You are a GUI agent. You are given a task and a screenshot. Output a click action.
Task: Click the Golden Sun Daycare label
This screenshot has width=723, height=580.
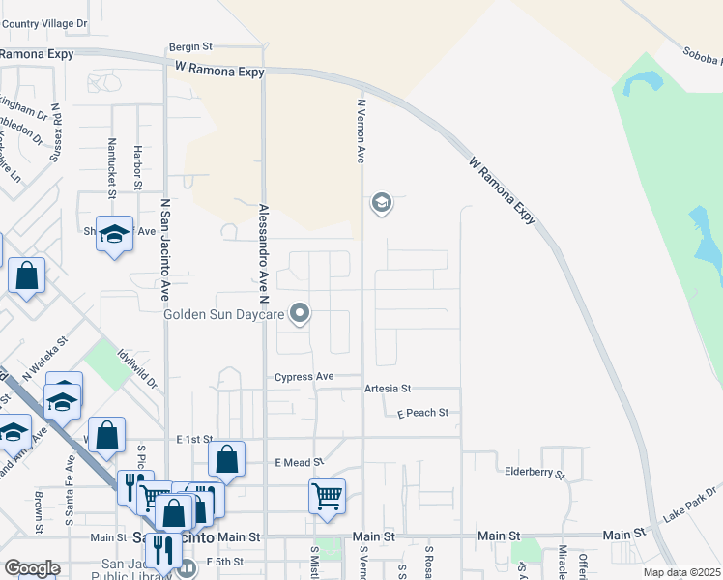(x=223, y=314)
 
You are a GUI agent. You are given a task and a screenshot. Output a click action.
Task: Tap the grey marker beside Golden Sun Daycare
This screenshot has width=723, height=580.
(x=300, y=312)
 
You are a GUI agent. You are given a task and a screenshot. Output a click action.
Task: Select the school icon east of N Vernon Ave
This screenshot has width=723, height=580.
(x=381, y=203)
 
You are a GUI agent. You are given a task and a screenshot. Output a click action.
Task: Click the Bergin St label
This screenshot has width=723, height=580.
(x=189, y=45)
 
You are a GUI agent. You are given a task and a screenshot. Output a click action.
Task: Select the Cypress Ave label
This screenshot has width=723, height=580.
(x=304, y=377)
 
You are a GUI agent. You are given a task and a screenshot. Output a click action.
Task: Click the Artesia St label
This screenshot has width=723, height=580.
(x=388, y=389)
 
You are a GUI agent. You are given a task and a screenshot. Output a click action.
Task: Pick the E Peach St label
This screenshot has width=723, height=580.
(x=423, y=413)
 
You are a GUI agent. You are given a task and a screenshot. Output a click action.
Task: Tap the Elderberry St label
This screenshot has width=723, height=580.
(x=535, y=473)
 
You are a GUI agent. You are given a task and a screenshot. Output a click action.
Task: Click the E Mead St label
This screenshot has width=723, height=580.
(x=298, y=463)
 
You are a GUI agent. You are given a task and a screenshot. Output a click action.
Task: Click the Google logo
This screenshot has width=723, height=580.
(x=32, y=568)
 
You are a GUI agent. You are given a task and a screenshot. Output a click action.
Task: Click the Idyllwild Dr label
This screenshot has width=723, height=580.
(x=138, y=368)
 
